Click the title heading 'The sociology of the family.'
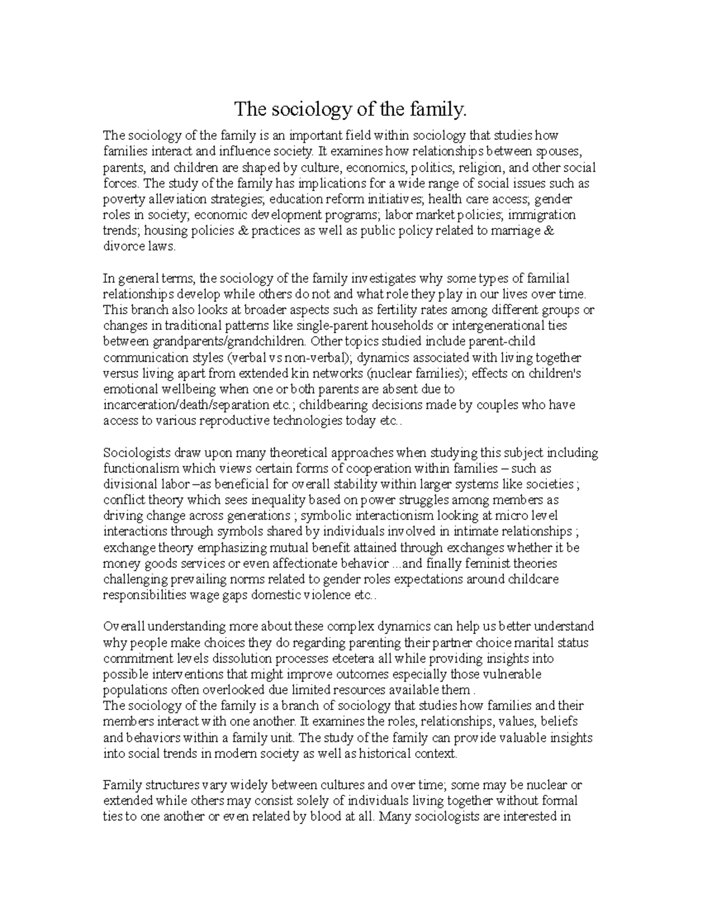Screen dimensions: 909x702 (x=352, y=109)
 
